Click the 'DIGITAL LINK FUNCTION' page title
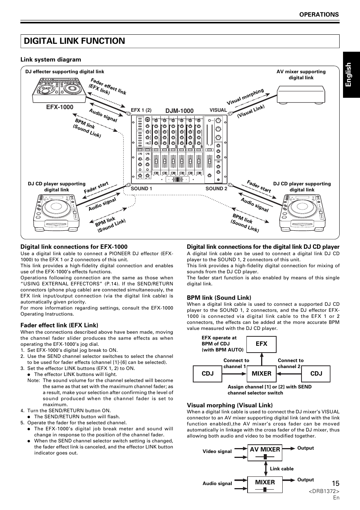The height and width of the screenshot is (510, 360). [x=74, y=41]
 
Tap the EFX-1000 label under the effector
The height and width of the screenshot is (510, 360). [x=60, y=107]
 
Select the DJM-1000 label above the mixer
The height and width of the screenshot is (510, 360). [x=180, y=111]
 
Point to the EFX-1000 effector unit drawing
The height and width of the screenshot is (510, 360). [x=60, y=90]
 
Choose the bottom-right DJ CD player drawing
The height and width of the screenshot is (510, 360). [x=302, y=212]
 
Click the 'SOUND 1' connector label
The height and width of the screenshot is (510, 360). [x=141, y=188]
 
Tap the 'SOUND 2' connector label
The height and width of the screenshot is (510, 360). [x=216, y=188]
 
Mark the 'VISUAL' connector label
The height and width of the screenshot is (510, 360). [x=218, y=110]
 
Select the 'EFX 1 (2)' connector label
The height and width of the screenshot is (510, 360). [x=141, y=110]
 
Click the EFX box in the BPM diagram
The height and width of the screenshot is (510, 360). [x=261, y=344]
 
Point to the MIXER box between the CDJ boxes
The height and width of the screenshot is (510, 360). [x=261, y=373]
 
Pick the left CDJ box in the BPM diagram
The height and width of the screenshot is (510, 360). [x=208, y=373]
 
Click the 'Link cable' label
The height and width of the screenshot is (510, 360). [x=282, y=469]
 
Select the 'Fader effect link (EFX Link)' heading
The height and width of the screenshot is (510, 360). [x=59, y=325]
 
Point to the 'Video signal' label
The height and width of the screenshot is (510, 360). [x=217, y=451]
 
